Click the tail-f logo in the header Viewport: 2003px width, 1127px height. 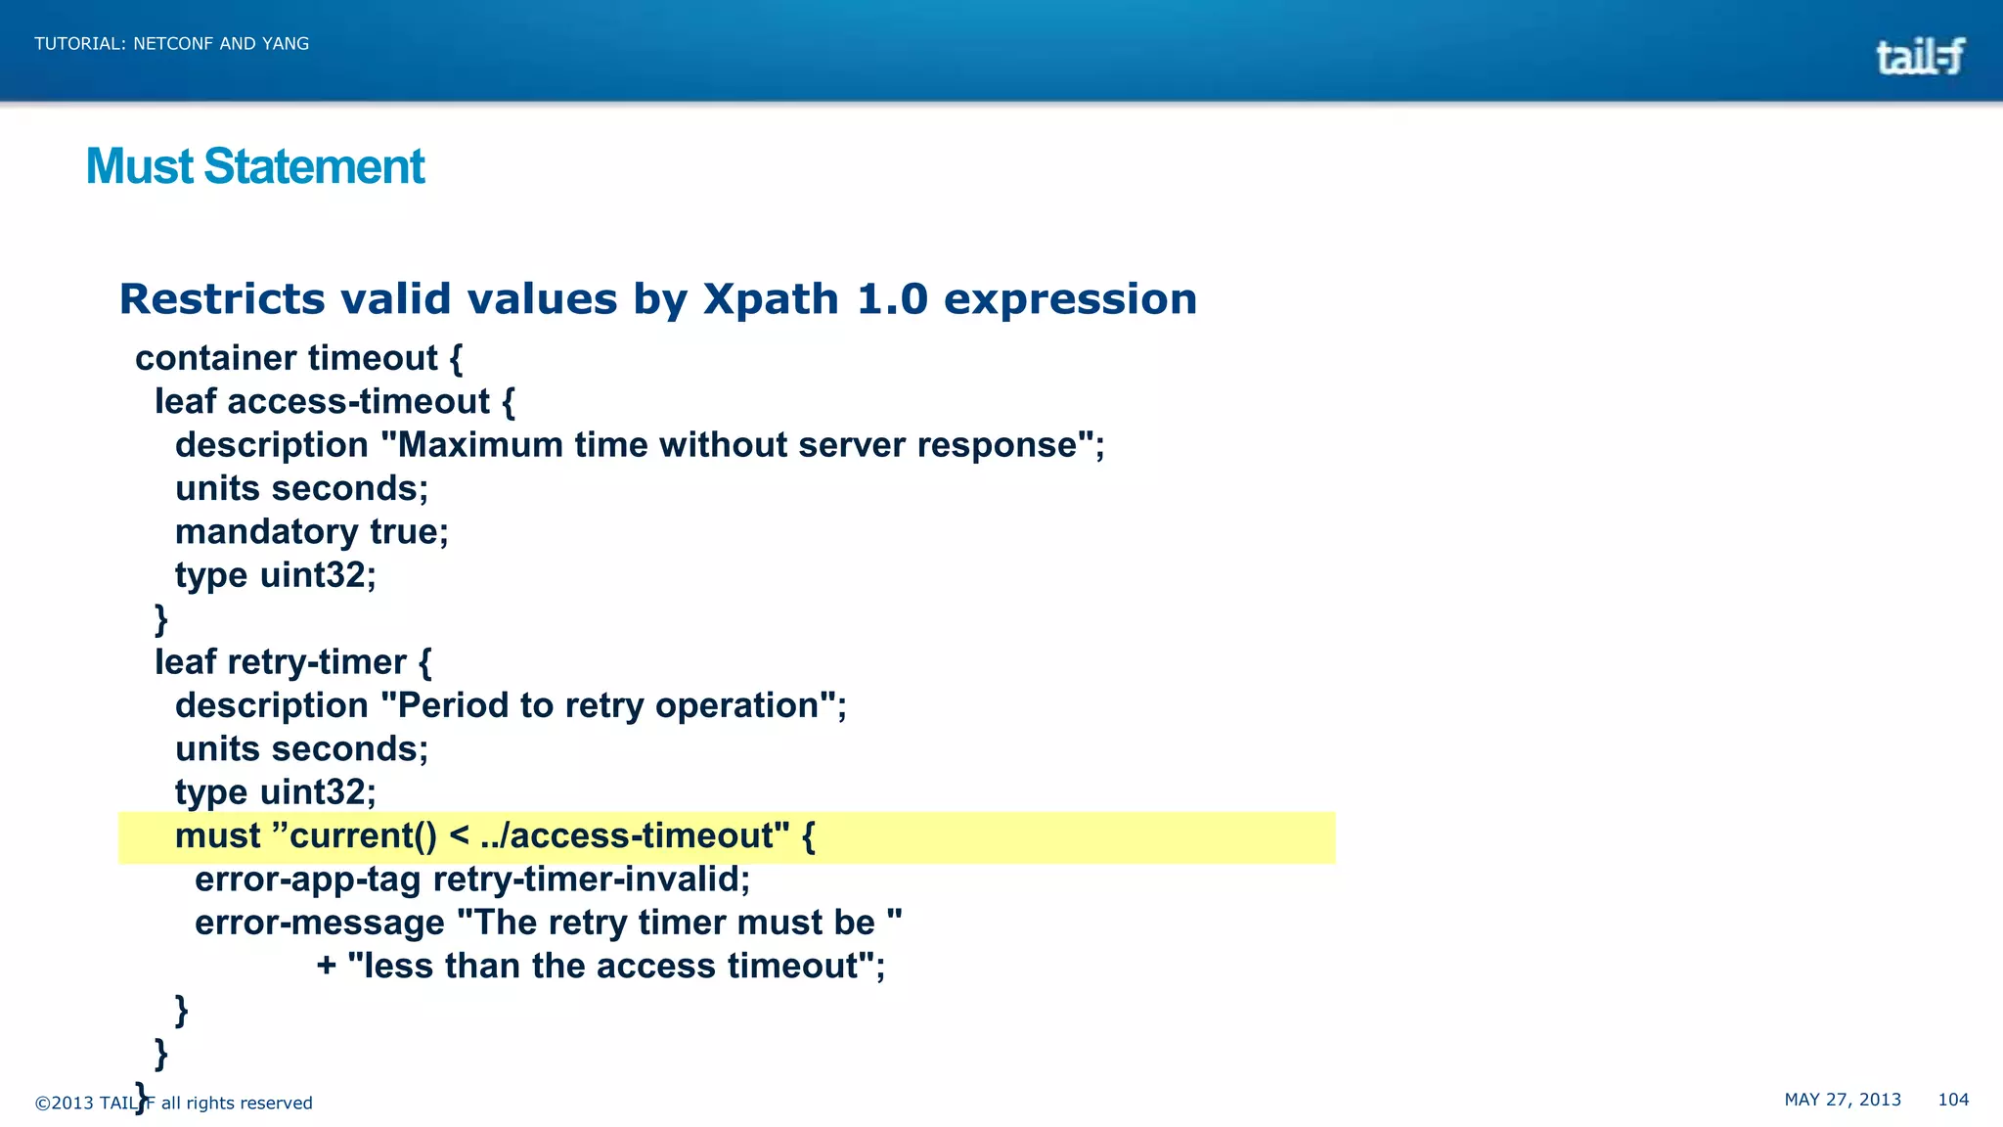coord(1919,56)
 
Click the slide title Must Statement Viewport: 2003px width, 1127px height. coord(255,166)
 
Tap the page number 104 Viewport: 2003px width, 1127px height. coord(1952,1100)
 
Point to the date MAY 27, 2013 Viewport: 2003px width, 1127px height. coord(1842,1100)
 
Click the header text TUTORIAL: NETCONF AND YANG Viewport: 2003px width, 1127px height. coord(171,43)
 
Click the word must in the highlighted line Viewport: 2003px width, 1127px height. coord(217,836)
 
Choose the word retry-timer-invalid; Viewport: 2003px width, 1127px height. coord(592,879)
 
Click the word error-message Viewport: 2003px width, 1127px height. coord(319,923)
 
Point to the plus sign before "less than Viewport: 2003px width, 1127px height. coord(327,967)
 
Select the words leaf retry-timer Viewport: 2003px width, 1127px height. coord(281,662)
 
